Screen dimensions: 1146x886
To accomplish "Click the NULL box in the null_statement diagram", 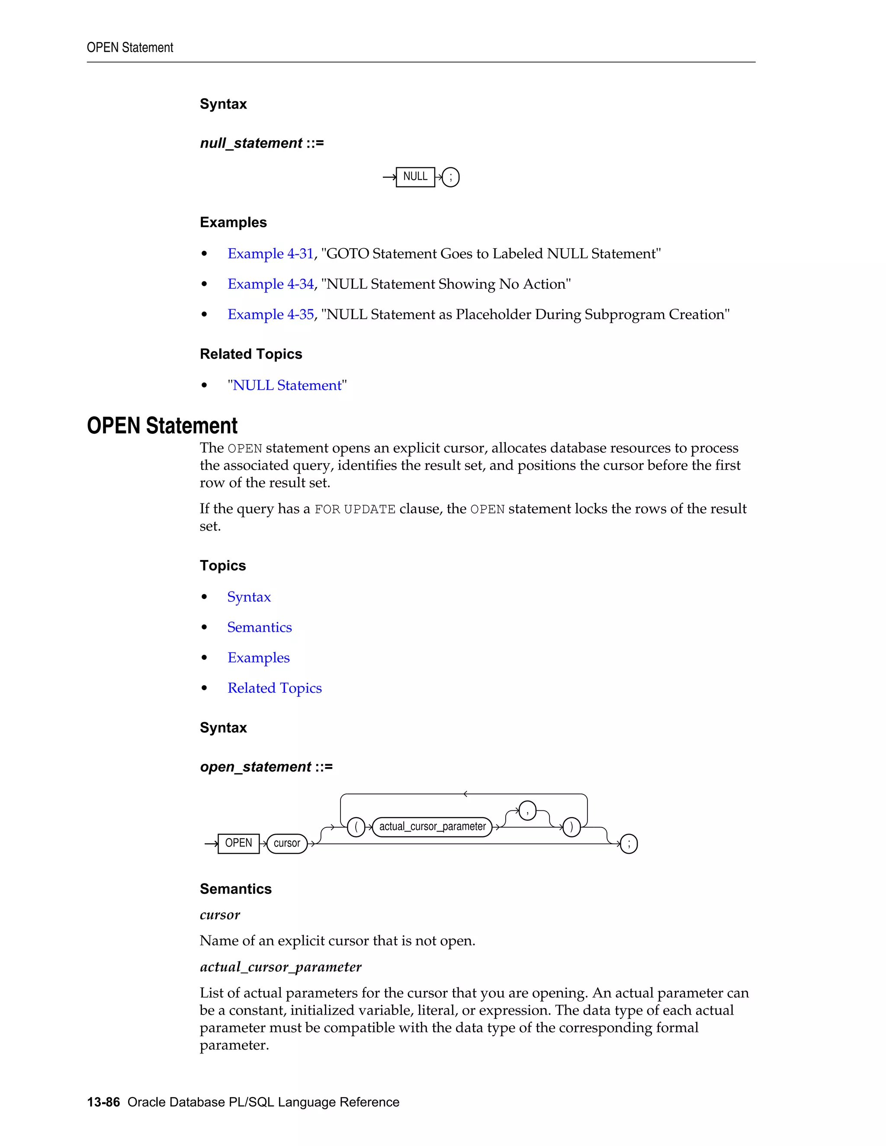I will pyautogui.click(x=415, y=177).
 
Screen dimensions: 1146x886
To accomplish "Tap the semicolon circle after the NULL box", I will pyautogui.click(x=450, y=177).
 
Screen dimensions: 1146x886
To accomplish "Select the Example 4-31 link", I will pyautogui.click(x=270, y=253).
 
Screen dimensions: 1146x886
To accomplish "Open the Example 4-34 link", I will pyautogui.click(x=270, y=284).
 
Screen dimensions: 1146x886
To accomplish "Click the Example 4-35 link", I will pyautogui.click(x=270, y=314).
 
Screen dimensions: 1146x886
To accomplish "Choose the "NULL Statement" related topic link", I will pyautogui.click(x=287, y=385).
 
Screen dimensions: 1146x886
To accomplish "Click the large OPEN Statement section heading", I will pyautogui.click(x=162, y=426).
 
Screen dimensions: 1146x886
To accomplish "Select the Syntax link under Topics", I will pyautogui.click(x=249, y=597).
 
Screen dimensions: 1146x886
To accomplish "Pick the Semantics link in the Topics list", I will pyautogui.click(x=259, y=627).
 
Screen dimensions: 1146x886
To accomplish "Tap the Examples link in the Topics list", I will pyautogui.click(x=258, y=658).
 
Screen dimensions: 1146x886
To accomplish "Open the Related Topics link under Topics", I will pyautogui.click(x=275, y=688).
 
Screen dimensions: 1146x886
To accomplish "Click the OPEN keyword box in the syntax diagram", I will pyautogui.click(x=238, y=843).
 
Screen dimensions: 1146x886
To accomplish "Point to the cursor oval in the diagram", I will pyautogui.click(x=286, y=843).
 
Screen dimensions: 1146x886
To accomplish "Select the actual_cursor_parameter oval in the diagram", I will pyautogui.click(x=433, y=826).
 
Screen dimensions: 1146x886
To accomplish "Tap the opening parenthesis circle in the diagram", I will pyautogui.click(x=356, y=827).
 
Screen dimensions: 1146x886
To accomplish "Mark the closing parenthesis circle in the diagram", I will pyautogui.click(x=571, y=827).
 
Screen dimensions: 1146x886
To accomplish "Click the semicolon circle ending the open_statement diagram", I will pyautogui.click(x=629, y=844).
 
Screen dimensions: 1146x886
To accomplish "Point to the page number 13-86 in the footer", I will pyautogui.click(x=103, y=1102).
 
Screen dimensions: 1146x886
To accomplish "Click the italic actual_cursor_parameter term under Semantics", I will pyautogui.click(x=280, y=967).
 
